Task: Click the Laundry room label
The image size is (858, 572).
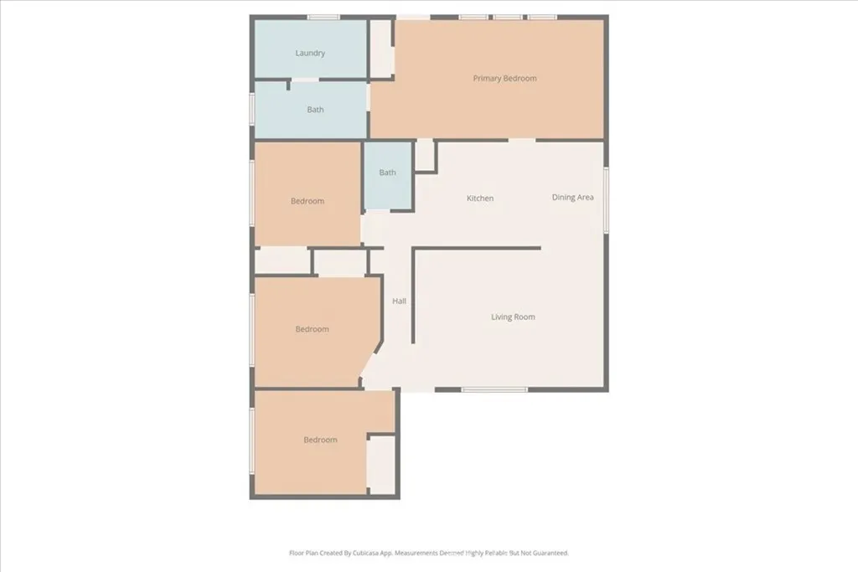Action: (x=310, y=54)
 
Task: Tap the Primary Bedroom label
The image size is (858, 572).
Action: (x=504, y=79)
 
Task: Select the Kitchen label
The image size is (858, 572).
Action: (x=480, y=198)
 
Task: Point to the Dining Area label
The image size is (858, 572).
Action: (x=573, y=198)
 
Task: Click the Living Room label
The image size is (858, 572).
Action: (x=513, y=317)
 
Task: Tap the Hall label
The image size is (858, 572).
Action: (x=400, y=301)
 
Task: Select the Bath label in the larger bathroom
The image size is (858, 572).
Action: (x=315, y=110)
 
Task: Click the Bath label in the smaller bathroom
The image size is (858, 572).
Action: (x=387, y=173)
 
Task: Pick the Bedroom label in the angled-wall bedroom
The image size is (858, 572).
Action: (x=312, y=329)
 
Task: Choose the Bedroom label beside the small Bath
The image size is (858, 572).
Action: (x=308, y=201)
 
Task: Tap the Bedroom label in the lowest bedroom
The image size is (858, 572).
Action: (x=320, y=440)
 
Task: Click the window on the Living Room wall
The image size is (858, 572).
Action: (x=494, y=389)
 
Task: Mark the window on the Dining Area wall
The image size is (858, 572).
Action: (x=606, y=199)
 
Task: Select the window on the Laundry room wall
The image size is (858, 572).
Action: (x=323, y=17)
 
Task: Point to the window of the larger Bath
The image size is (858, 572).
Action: (x=252, y=109)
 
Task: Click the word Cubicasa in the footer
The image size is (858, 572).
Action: (x=384, y=553)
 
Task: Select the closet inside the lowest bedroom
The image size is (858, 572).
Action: (x=381, y=465)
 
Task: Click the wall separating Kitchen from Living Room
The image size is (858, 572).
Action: (x=478, y=248)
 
